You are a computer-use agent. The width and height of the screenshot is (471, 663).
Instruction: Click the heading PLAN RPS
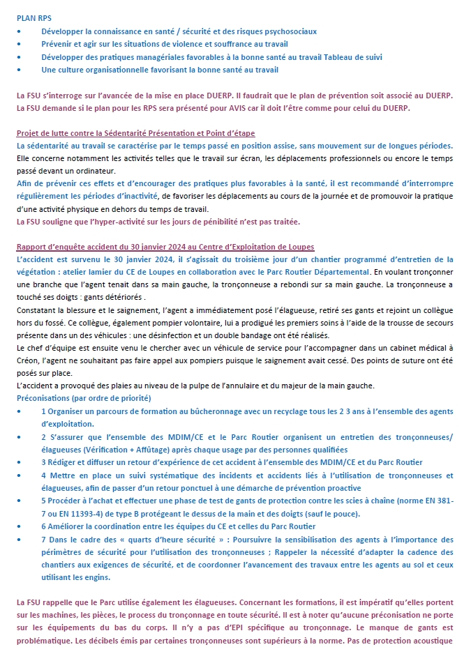[34, 17]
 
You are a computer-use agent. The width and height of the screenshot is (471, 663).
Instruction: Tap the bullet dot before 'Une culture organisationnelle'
[19, 70]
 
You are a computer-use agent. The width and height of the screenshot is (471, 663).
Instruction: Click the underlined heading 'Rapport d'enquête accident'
[165, 247]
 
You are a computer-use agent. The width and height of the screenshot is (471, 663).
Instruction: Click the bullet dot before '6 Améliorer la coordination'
[19, 526]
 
